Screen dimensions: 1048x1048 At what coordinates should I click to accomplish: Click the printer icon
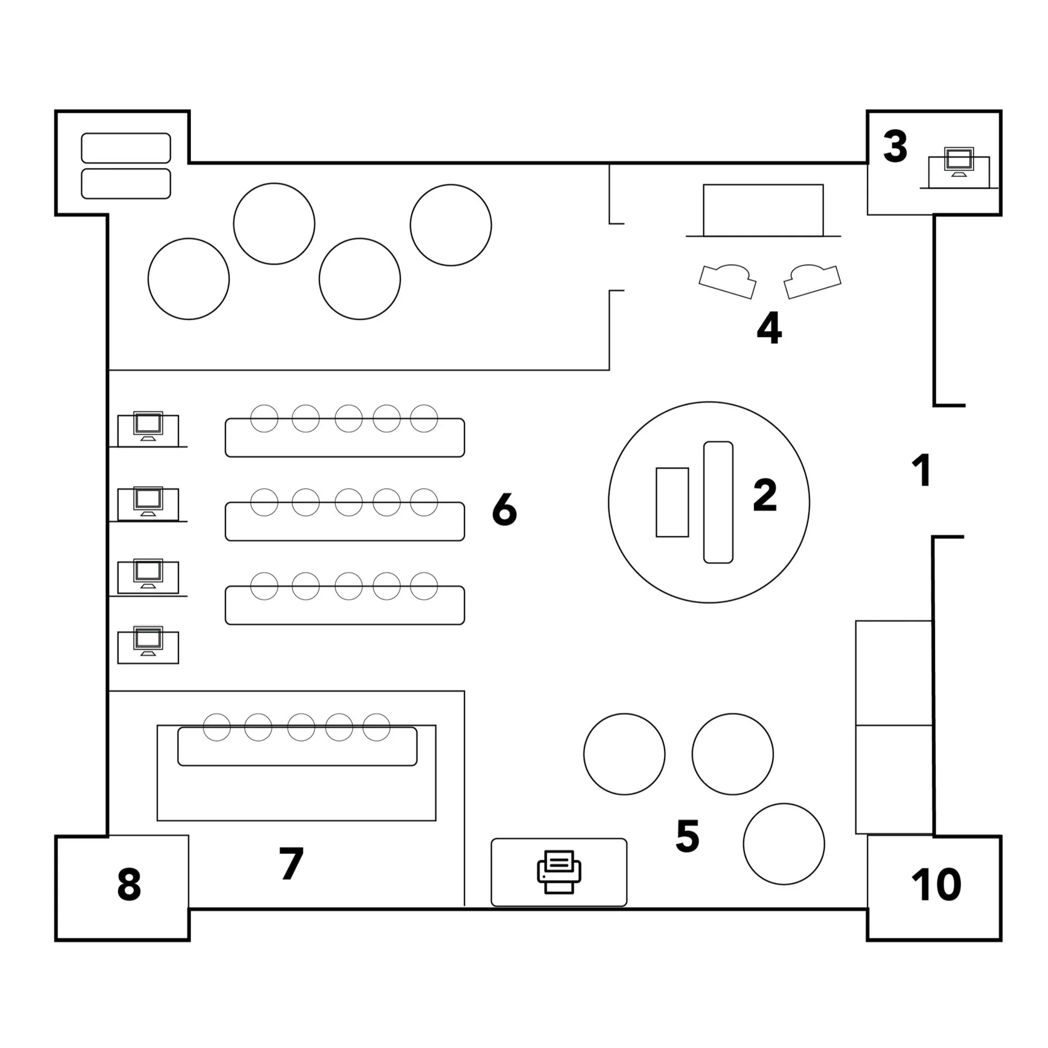(559, 872)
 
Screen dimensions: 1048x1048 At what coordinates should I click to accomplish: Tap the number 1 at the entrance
(921, 470)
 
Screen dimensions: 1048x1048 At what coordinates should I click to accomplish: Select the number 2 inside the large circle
(765, 495)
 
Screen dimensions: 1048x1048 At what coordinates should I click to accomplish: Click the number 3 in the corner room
(895, 147)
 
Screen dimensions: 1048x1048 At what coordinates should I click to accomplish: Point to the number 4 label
(769, 328)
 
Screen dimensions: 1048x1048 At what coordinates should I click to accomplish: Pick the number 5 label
(687, 836)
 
